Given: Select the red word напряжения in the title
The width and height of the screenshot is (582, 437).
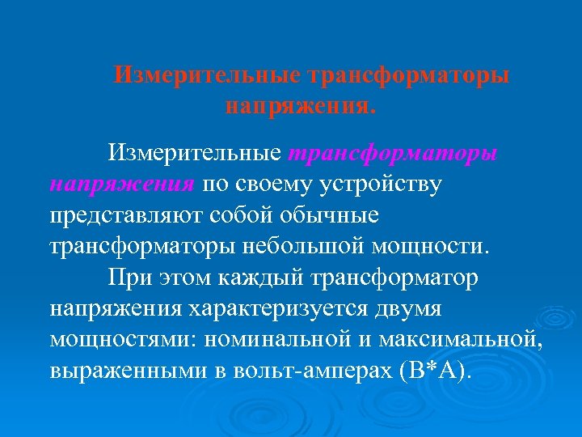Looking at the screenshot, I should pos(301,105).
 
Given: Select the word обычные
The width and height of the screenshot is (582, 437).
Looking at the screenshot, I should pos(334,215).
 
